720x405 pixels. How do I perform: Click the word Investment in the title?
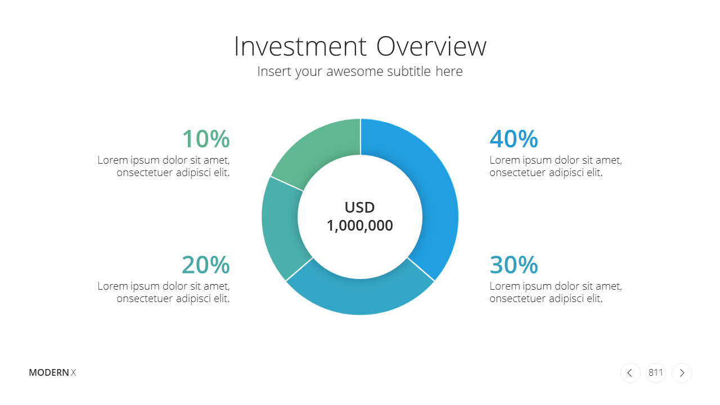tap(300, 47)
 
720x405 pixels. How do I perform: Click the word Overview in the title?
tap(431, 47)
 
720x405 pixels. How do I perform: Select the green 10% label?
tap(206, 139)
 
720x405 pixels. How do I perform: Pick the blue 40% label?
tap(514, 139)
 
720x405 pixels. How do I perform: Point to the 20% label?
tap(206, 265)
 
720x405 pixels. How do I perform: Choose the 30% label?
tap(514, 265)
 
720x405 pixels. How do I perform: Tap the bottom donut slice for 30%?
tap(360, 296)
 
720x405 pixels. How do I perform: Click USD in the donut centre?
tap(359, 208)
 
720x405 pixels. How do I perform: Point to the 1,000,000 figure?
tap(359, 226)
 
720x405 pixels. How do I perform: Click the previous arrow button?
tap(631, 373)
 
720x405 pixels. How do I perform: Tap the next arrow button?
tap(681, 373)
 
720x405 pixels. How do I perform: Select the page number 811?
tap(656, 372)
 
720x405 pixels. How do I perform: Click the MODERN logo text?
tap(49, 372)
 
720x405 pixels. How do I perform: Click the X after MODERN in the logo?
tap(73, 372)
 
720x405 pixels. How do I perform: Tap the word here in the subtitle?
tap(449, 71)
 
